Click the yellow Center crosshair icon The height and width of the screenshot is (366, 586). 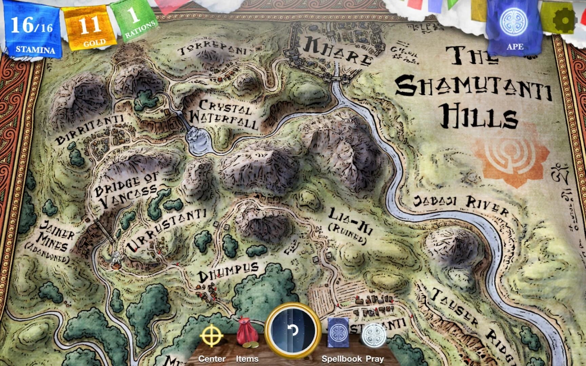tap(212, 337)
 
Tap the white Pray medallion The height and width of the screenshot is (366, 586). tap(374, 336)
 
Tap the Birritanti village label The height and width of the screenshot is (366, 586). tap(90, 129)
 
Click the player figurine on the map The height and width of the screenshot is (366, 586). tap(116, 260)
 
